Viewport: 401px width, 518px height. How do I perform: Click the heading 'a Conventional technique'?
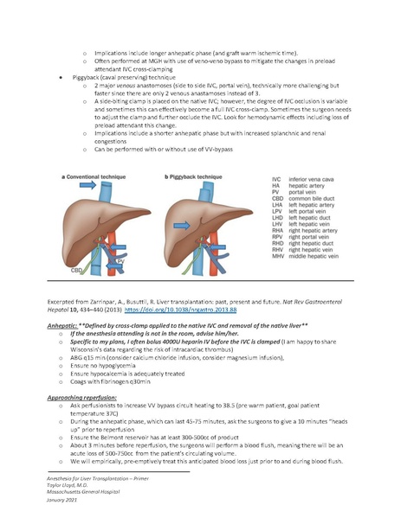[x=93, y=175]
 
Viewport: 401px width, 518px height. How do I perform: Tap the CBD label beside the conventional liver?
[x=76, y=269]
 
